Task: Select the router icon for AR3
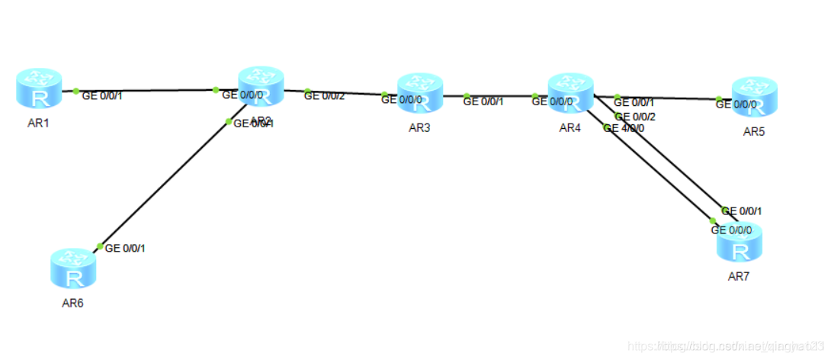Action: point(420,94)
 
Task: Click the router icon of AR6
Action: point(74,269)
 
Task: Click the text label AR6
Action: point(73,303)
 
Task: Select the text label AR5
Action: point(754,131)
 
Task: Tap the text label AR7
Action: point(739,275)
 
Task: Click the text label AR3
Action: point(419,127)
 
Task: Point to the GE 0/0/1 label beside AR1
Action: point(103,95)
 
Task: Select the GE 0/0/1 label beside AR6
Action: point(125,248)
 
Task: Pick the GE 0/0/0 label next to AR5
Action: point(736,104)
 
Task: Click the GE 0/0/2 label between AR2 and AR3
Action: point(324,96)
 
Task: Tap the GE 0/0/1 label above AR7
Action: point(742,211)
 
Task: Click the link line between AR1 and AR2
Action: point(145,91)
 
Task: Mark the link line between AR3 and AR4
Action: point(507,96)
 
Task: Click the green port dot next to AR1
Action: point(75,92)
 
